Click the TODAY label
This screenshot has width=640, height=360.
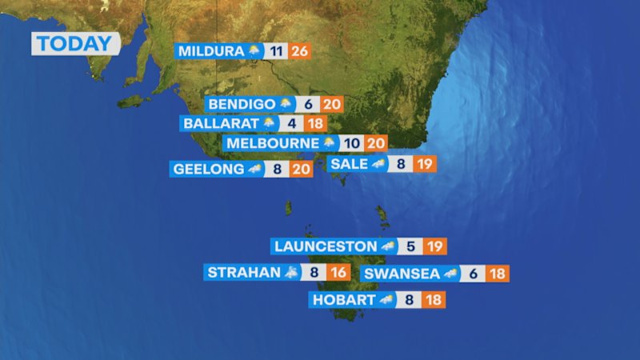coord(76,43)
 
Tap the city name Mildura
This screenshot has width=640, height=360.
coord(210,52)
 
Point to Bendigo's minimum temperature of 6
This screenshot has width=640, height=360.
coord(308,104)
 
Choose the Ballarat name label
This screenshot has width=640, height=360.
coord(220,124)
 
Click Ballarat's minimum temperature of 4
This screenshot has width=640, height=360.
coord(292,124)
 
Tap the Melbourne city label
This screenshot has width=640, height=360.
coord(272,144)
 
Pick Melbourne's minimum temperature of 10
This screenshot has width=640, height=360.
coord(352,144)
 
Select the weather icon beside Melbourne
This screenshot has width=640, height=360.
coord(329,144)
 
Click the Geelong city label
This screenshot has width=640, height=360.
coord(206,169)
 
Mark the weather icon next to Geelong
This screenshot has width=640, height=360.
coord(255,169)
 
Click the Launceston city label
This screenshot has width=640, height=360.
coord(324,246)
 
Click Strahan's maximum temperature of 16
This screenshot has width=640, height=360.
coord(339,273)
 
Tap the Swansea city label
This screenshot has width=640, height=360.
coord(401,274)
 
